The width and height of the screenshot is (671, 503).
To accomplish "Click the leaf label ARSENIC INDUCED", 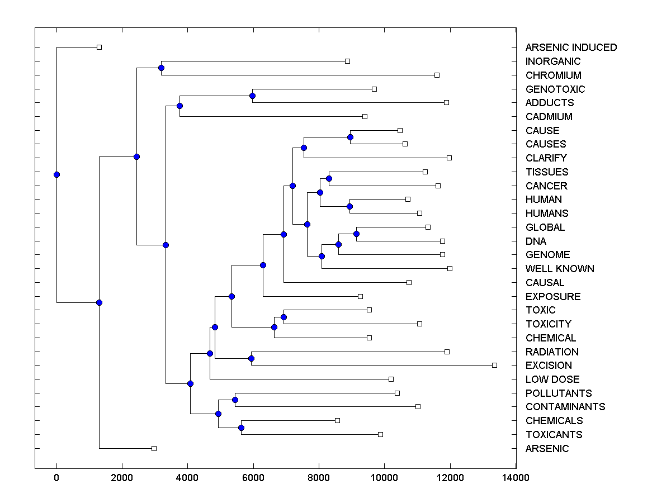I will [x=571, y=48].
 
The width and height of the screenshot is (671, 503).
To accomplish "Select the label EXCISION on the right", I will [x=549, y=366].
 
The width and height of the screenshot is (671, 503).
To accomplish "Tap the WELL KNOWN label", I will [x=560, y=269].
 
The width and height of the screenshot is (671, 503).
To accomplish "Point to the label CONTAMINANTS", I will [x=565, y=407].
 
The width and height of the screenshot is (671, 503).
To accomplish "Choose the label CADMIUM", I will [x=549, y=117].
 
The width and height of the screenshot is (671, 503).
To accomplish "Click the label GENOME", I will [x=547, y=255].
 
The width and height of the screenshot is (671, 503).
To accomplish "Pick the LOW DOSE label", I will [x=552, y=379].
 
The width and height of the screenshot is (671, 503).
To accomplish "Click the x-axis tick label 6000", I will [x=253, y=478].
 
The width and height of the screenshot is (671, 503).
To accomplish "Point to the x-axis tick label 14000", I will [x=516, y=478].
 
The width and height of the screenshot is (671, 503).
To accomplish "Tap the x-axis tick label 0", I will [x=56, y=478].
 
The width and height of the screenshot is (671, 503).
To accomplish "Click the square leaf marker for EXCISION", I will [x=494, y=365].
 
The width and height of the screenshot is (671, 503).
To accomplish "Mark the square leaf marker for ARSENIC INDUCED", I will [x=99, y=47].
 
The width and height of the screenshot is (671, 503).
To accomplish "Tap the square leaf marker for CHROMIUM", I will [x=437, y=75].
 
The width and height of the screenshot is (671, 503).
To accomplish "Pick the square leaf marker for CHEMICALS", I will [x=337, y=420].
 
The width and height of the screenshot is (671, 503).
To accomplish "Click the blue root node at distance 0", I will [x=56, y=174].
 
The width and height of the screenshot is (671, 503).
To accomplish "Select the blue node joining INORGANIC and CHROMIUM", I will [x=161, y=68].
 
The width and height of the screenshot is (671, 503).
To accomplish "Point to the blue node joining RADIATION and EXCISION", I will [x=251, y=358].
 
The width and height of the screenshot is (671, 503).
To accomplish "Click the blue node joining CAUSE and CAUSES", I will [x=350, y=137].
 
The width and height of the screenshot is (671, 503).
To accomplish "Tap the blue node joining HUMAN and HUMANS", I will [x=349, y=206].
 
